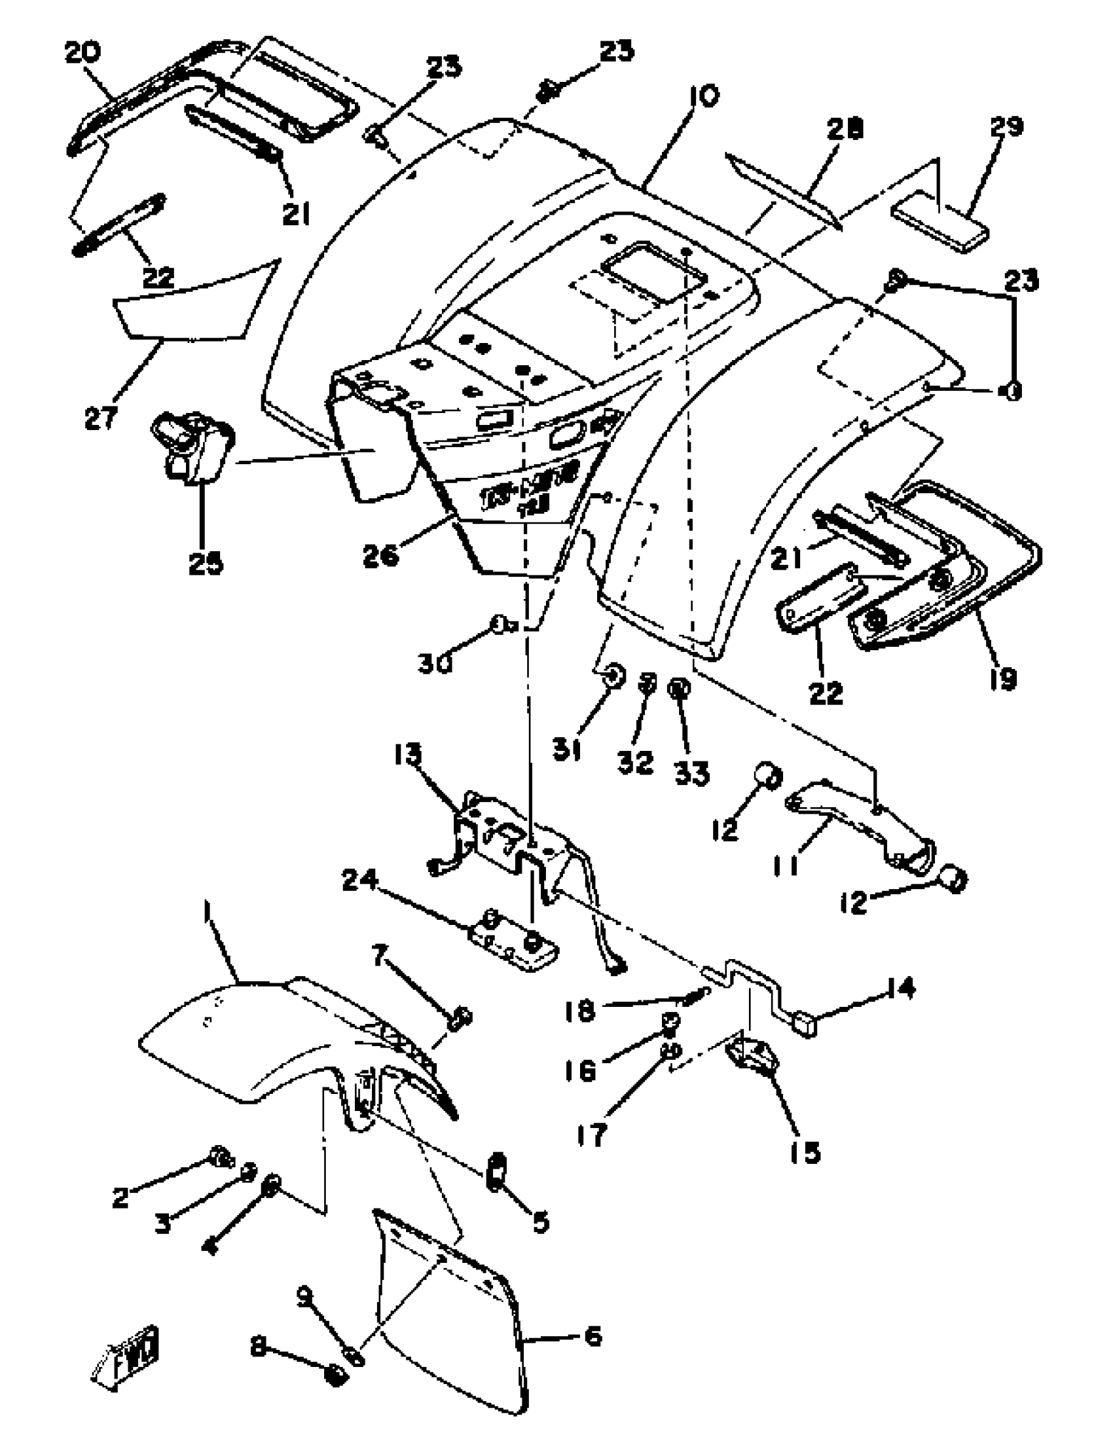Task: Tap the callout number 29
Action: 1006,126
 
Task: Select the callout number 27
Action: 101,418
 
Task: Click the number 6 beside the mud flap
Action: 593,1336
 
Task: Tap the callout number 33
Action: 692,772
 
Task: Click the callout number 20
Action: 82,53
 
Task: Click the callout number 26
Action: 381,555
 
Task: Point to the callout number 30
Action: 435,663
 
